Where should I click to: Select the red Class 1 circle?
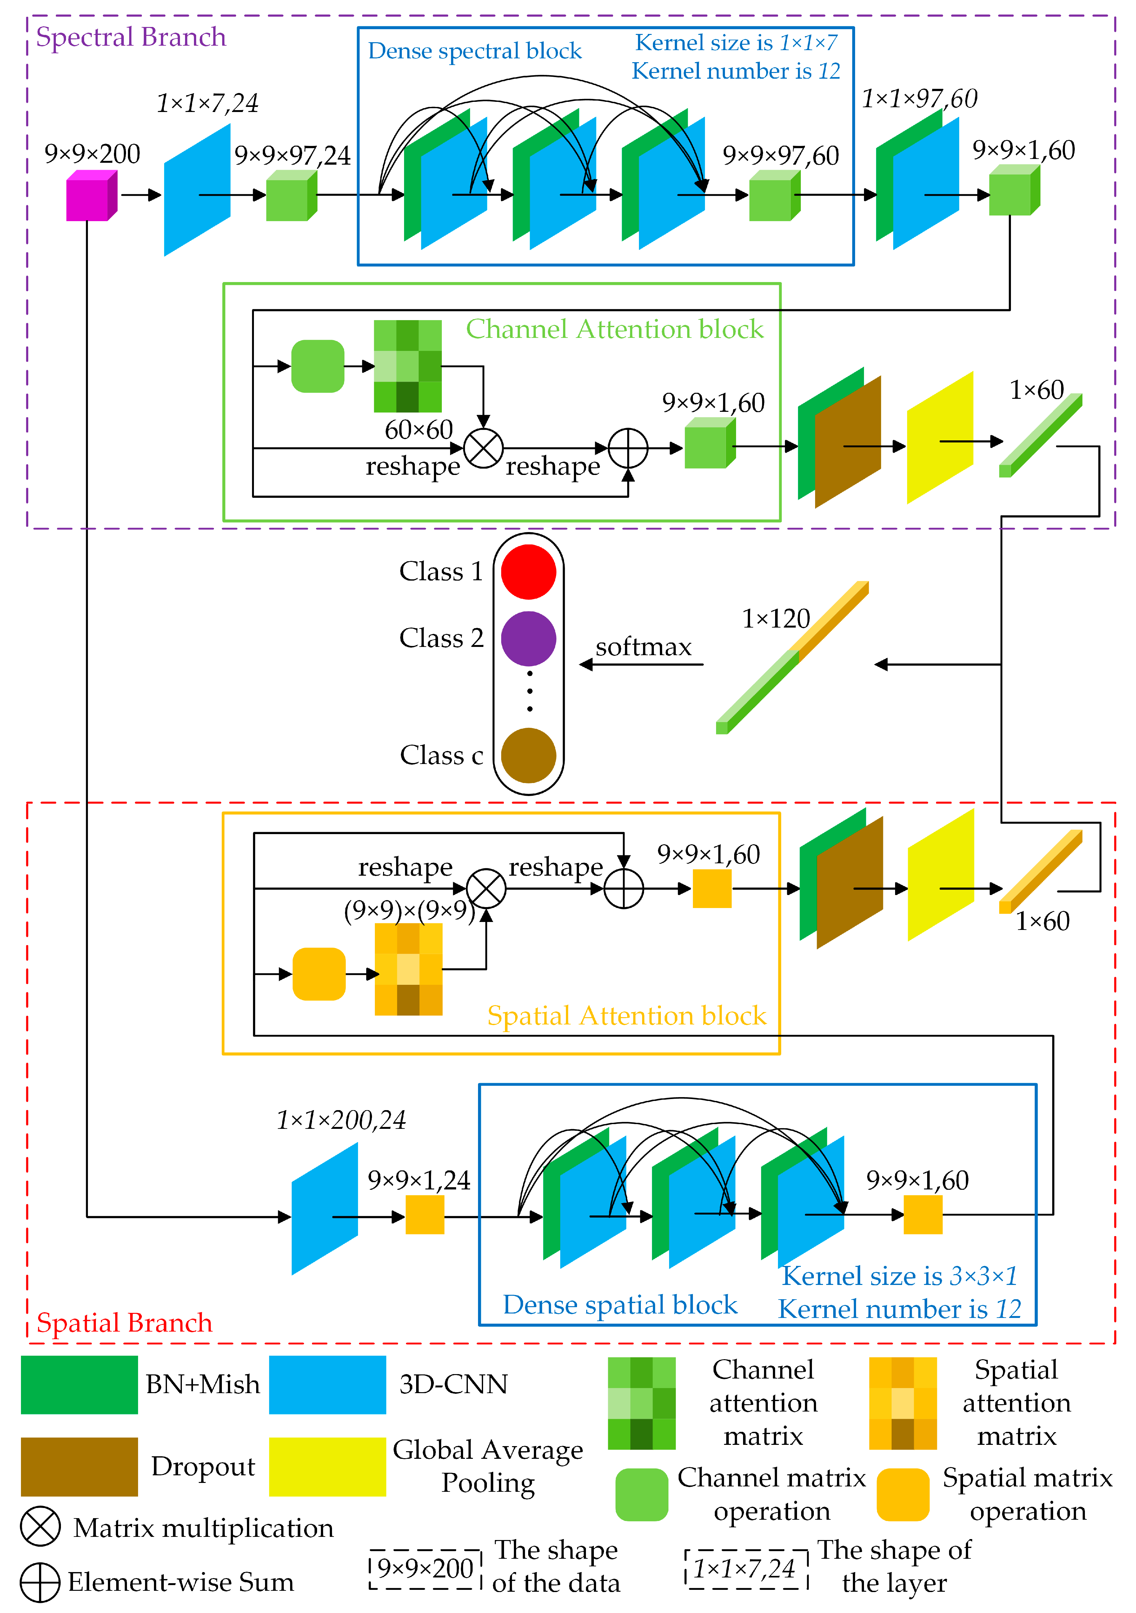(x=528, y=572)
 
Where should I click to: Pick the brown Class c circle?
(x=528, y=755)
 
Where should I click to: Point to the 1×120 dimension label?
(x=776, y=618)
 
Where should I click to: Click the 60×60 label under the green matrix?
(x=418, y=429)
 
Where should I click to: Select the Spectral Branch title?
(x=131, y=36)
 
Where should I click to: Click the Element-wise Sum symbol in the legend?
(x=40, y=1582)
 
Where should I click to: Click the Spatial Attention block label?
(x=626, y=1016)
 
